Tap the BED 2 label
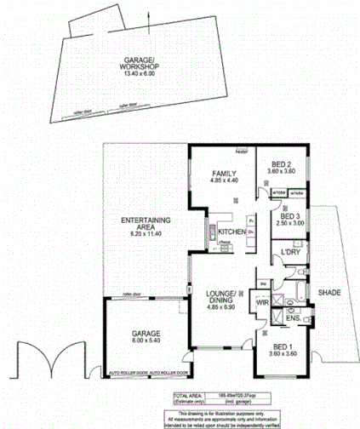283,164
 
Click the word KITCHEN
231,231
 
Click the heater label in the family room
242,153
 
